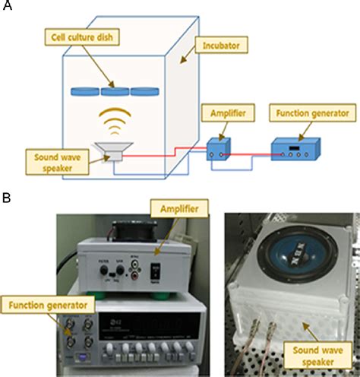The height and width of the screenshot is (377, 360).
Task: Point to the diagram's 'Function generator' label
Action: (x=312, y=114)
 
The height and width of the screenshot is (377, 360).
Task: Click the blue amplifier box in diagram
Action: (x=220, y=149)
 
